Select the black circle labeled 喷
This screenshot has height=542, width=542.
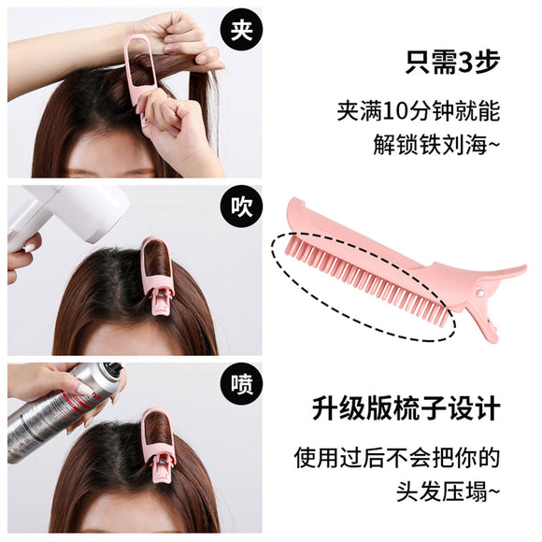point(241,385)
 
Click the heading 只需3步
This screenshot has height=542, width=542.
point(453,63)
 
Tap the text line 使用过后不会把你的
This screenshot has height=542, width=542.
point(397,458)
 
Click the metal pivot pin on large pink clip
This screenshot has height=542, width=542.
point(479,293)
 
